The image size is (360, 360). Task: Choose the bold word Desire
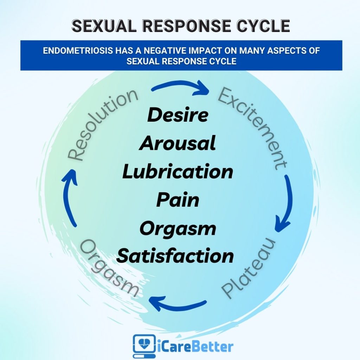point(178,115)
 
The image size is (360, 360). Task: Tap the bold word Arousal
point(178,143)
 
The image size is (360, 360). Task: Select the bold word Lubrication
point(178,172)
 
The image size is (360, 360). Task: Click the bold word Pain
point(178,200)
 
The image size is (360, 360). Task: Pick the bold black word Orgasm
point(178,229)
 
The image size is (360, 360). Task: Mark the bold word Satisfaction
point(175,256)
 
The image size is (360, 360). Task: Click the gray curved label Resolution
point(102,125)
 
